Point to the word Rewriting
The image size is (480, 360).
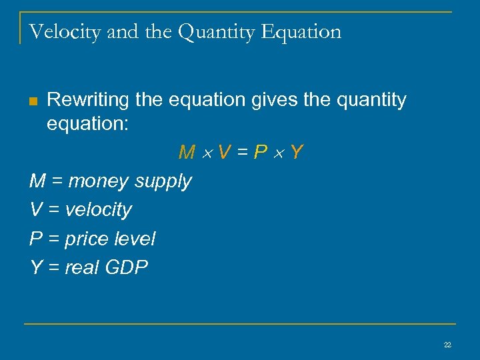tap(88, 101)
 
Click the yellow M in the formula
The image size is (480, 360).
tap(187, 153)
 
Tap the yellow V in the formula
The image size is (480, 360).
tap(224, 153)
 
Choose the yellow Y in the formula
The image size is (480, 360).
tap(297, 153)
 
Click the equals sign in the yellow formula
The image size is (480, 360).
tap(243, 153)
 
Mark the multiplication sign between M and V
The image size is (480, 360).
tap(206, 153)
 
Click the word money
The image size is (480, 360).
tap(97, 181)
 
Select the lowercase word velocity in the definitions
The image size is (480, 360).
tap(99, 210)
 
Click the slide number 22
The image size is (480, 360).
tap(447, 345)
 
